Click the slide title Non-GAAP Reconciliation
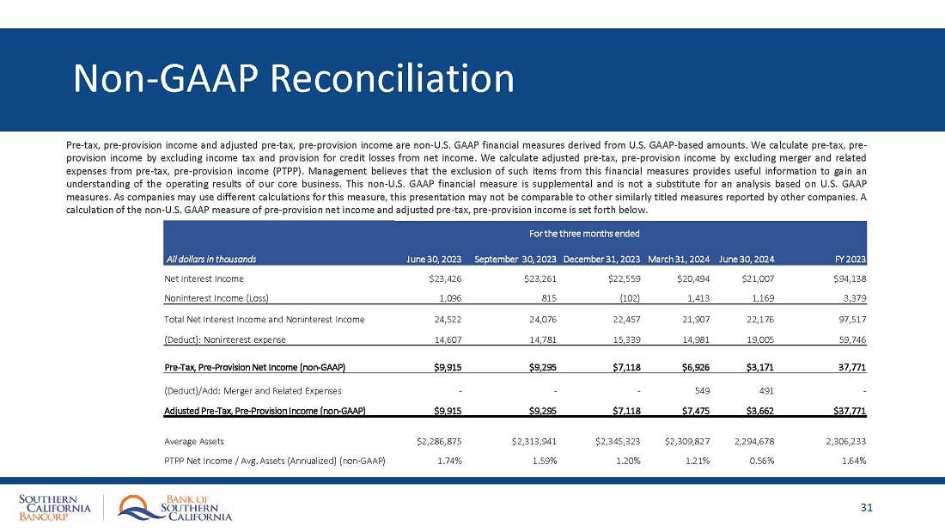coord(294,78)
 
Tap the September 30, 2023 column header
coord(515,259)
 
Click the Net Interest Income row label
coord(204,278)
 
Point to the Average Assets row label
coord(194,441)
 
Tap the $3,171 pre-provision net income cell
coord(757,368)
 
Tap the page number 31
coord(866,507)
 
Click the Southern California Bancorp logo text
coord(54,508)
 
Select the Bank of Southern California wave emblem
coord(136,507)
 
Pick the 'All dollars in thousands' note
coord(210,259)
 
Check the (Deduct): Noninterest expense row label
coord(220,339)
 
